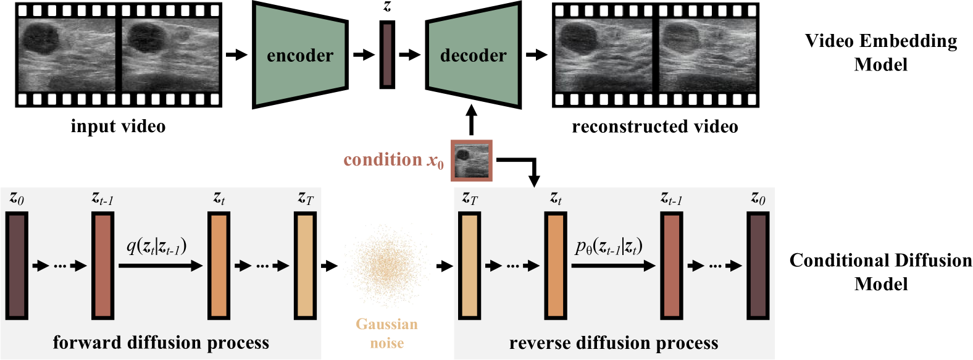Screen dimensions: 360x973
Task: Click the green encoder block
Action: [299, 56]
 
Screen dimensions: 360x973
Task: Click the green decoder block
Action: [473, 56]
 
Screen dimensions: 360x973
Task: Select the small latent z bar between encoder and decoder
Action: [387, 54]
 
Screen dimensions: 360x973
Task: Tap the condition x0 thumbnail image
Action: [472, 161]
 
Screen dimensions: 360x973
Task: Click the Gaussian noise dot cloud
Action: [386, 266]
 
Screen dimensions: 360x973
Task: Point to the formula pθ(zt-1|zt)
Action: [609, 247]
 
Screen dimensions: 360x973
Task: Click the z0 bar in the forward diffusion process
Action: [17, 266]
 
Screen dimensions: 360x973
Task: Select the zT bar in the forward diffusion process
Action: [305, 266]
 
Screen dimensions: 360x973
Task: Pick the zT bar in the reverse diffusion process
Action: [469, 266]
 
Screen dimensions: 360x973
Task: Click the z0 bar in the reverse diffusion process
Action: [758, 266]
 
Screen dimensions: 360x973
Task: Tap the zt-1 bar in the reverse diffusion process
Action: [672, 266]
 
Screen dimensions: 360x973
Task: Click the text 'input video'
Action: [118, 127]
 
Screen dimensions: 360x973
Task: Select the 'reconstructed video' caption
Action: [655, 127]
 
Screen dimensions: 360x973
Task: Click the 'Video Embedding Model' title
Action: [881, 52]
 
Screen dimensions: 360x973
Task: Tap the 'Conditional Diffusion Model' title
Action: [881, 272]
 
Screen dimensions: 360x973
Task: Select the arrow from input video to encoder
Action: [236, 55]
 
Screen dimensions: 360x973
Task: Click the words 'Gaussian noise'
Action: [386, 333]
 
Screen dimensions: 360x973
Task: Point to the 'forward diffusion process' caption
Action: [161, 343]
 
